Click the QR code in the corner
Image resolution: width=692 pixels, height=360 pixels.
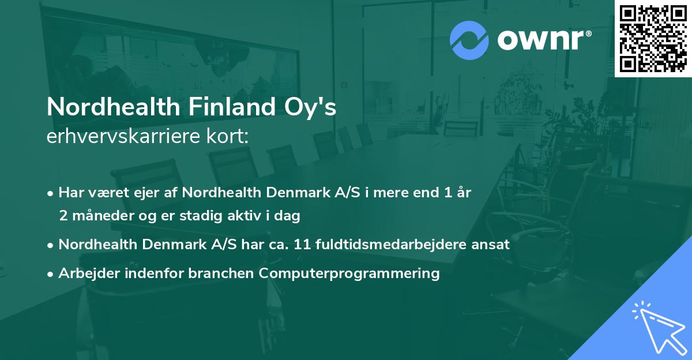[653, 38]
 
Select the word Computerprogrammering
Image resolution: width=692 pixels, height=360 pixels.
[349, 273]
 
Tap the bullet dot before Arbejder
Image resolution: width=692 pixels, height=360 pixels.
[51, 273]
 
